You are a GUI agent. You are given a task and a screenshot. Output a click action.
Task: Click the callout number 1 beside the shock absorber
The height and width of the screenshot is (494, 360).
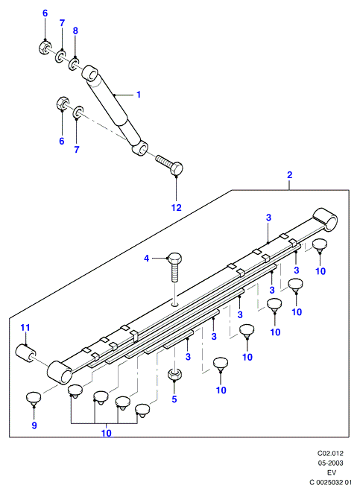click(x=139, y=95)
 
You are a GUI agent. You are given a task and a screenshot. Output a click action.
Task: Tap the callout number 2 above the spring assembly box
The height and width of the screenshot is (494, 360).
click(x=290, y=175)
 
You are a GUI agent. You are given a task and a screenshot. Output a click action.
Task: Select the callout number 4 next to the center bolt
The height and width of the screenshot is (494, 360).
click(x=146, y=259)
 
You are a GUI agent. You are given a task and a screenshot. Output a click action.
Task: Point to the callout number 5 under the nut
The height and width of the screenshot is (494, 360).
click(x=174, y=399)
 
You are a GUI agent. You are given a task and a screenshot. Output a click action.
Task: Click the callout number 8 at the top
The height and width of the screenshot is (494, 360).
click(x=75, y=31)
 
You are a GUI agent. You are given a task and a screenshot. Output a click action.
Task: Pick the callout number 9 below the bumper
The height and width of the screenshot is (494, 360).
click(x=34, y=425)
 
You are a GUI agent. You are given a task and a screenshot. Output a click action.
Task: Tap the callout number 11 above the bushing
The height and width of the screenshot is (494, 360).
click(x=25, y=328)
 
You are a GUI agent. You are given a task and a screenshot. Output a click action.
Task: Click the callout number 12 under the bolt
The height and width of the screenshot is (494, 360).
click(x=177, y=208)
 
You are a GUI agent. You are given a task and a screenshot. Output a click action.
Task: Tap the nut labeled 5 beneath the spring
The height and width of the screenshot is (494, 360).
click(x=174, y=374)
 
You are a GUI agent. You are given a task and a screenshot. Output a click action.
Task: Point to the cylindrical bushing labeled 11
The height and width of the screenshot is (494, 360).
click(x=26, y=353)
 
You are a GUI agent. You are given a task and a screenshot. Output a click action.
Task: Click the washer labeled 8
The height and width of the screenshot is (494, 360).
click(x=75, y=63)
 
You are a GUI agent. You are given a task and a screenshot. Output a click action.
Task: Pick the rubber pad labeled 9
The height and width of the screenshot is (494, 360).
click(x=34, y=398)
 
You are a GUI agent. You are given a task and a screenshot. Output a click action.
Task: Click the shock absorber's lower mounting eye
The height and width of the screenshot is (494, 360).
click(x=140, y=148)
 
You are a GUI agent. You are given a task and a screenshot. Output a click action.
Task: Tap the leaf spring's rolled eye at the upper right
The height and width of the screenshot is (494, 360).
click(x=325, y=219)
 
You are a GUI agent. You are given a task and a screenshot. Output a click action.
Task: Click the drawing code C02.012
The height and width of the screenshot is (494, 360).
click(x=330, y=454)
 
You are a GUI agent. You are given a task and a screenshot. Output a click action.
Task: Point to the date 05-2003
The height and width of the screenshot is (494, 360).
click(x=330, y=463)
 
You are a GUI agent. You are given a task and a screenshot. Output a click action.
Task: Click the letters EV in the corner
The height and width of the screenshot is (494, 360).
click(x=332, y=472)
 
